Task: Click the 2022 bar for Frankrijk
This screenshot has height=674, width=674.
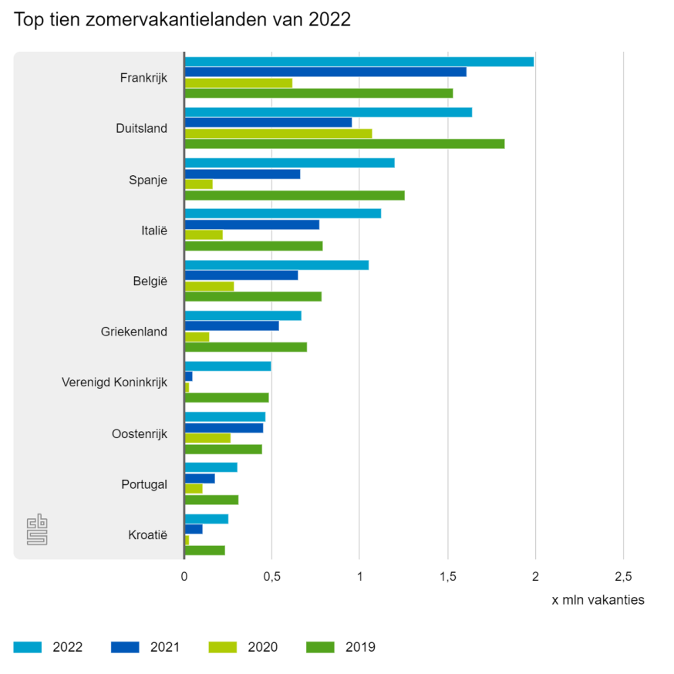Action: tap(359, 62)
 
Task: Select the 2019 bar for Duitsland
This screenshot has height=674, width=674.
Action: tap(344, 143)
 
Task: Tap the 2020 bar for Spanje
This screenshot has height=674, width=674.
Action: tap(198, 184)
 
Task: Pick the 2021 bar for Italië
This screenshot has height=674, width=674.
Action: tap(251, 224)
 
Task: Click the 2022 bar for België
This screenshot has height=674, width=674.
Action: tap(276, 265)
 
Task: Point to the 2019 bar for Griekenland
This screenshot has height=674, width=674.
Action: tap(245, 347)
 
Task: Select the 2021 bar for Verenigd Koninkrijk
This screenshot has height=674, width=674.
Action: tap(188, 376)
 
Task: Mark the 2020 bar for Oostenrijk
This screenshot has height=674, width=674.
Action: tap(207, 438)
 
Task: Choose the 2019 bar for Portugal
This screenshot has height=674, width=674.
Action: tap(211, 500)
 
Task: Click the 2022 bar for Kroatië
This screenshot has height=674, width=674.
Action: tap(206, 519)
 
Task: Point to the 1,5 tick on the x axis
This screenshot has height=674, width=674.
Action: tap(447, 577)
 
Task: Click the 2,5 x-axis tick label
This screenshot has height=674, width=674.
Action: tap(623, 577)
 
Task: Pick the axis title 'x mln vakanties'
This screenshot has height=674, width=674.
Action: tap(598, 600)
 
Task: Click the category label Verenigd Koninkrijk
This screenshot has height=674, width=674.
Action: tap(114, 382)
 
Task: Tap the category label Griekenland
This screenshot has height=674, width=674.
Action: tap(133, 332)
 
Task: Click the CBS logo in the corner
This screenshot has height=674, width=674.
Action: tap(37, 530)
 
